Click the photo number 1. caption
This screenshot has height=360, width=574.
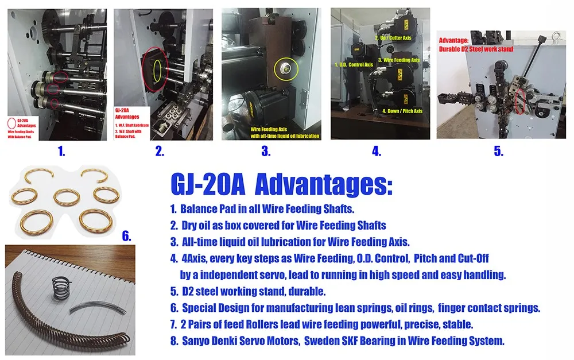click(61, 152)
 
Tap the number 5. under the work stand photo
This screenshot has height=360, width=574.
click(498, 152)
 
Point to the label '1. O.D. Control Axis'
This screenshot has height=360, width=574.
click(354, 65)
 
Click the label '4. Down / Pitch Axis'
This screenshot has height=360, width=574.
click(402, 111)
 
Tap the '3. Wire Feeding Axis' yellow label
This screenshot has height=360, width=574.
click(401, 60)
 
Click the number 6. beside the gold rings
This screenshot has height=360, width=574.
click(127, 235)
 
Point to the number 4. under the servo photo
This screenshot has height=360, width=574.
click(377, 152)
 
